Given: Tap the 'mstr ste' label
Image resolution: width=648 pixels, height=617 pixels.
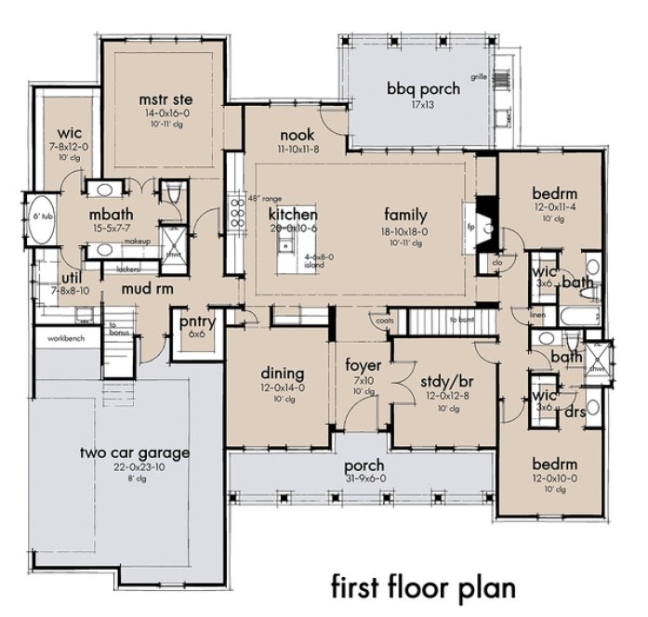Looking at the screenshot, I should (165, 98).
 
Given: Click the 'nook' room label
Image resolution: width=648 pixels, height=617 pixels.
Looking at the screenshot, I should (298, 135).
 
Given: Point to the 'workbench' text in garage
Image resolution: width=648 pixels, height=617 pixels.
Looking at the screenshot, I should (61, 338).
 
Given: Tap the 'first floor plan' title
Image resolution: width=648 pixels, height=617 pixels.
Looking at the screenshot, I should (422, 586).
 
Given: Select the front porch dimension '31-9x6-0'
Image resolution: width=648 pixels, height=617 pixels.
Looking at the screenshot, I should (364, 479).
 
